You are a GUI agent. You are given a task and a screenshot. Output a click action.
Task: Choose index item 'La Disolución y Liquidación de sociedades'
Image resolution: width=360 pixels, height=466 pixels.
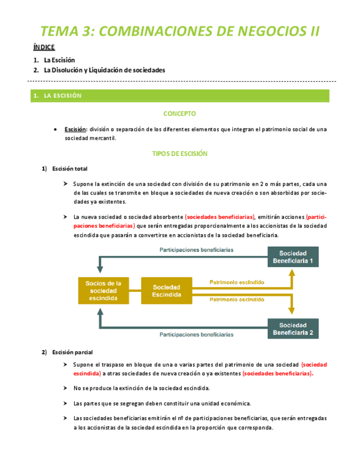(104, 70)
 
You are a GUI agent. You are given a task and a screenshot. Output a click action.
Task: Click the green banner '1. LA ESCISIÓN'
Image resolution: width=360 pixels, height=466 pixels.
(57, 96)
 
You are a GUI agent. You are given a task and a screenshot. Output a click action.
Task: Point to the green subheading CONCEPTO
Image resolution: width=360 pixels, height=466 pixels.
(180, 114)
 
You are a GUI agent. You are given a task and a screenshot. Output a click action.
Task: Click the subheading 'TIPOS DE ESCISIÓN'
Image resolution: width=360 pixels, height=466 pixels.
(180, 154)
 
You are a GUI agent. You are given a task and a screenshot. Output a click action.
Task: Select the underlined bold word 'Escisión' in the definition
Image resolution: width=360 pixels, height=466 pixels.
(75, 129)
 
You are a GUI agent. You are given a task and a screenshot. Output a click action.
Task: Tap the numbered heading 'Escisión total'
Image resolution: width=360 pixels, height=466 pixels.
(70, 169)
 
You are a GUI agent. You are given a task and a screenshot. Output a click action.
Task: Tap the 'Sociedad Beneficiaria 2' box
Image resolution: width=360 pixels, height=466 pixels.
(293, 329)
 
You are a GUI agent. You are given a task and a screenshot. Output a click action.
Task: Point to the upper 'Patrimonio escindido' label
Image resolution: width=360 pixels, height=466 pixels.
(236, 282)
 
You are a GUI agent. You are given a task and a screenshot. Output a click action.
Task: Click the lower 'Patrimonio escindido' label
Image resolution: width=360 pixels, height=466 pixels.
(236, 299)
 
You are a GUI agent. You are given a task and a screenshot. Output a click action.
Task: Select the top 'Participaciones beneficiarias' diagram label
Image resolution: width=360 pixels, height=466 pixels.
(196, 249)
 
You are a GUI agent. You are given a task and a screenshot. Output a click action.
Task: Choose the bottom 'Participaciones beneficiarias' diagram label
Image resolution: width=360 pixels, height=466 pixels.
(196, 334)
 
